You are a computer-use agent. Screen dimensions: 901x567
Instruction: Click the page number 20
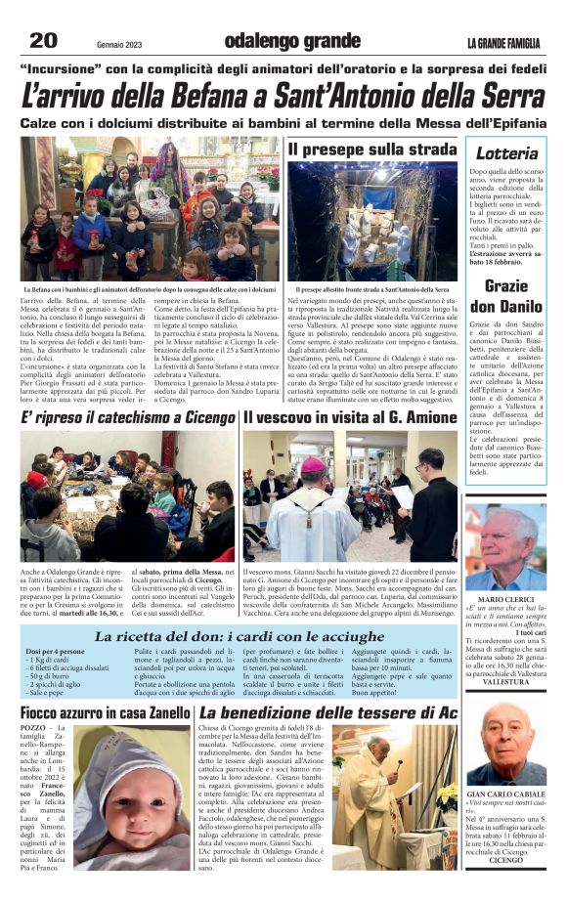[45, 40]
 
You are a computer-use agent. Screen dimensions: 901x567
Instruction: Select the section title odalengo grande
[279, 41]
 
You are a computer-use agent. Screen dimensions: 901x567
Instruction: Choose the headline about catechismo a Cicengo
[127, 418]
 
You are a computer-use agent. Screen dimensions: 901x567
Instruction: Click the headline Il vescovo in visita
[350, 418]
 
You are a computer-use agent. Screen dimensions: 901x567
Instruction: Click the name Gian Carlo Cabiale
[505, 794]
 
